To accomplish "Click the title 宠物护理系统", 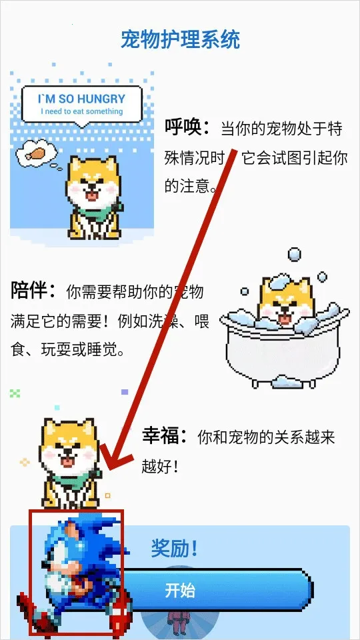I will (x=180, y=39).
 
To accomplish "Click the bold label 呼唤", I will (x=186, y=127).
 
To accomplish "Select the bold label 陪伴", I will (x=32, y=291).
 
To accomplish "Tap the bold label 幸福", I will (x=164, y=437).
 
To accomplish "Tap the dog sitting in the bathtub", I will (x=285, y=303).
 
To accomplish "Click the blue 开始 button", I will (x=213, y=591).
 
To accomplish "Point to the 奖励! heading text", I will (x=174, y=549).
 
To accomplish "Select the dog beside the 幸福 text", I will (x=68, y=460).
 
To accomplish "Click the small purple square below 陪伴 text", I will (x=125, y=393).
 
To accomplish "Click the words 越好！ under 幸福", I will (x=160, y=466).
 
